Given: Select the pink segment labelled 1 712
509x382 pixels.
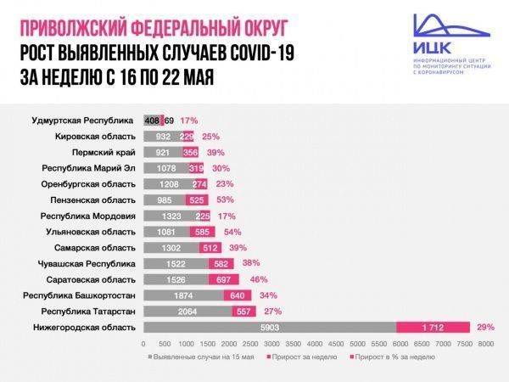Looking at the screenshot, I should tap(433, 327).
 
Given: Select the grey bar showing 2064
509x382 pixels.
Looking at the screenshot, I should tap(187, 311).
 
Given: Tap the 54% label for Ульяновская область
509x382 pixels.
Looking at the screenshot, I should tap(232, 232).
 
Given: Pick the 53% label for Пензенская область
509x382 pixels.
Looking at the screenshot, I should tap(226, 199).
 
